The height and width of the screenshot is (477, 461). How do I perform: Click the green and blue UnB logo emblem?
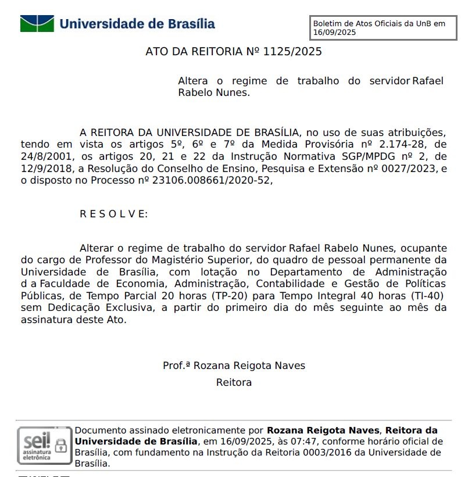point(37,24)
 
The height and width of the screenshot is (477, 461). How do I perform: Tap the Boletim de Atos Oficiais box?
point(384,28)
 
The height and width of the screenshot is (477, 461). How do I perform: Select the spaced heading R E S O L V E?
point(113,214)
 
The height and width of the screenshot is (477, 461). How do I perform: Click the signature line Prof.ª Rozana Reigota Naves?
point(234,365)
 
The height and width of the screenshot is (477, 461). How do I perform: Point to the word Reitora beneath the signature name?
point(234,383)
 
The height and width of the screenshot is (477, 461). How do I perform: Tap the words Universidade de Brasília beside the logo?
point(137,24)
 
